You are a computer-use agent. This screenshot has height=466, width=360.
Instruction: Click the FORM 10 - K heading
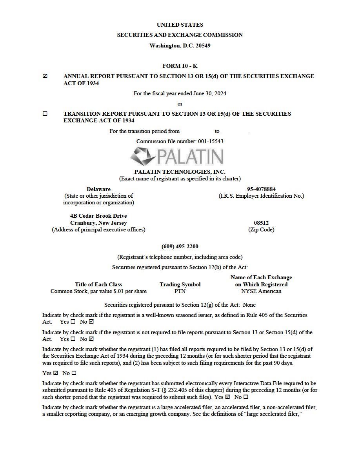point(180,66)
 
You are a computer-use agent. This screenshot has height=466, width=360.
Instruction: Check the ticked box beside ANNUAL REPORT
point(45,76)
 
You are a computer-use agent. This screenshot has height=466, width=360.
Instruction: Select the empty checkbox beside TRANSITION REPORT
point(45,114)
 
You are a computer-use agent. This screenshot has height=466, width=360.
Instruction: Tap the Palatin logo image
point(177,157)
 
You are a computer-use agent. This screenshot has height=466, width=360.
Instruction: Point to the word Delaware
point(98,189)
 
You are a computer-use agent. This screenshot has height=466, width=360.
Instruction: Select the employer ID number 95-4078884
point(261,189)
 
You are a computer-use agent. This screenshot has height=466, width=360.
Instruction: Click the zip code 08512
point(261,223)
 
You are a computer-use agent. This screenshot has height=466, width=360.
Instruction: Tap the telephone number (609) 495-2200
point(180,246)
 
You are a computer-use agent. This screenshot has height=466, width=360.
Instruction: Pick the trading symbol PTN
point(180,291)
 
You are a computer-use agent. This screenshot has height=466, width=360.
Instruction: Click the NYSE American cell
point(261,291)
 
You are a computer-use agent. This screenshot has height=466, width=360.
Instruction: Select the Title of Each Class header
point(98,284)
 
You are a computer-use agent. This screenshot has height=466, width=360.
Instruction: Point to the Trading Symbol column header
point(180,284)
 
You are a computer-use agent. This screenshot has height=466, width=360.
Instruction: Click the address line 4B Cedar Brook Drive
point(98,216)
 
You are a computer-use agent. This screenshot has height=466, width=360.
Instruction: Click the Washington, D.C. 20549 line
point(180,46)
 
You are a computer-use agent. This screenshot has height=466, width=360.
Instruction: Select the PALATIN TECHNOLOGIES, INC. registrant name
point(180,172)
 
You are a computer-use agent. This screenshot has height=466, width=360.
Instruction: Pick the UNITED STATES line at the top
point(180,25)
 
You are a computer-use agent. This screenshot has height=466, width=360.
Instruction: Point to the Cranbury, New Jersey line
point(98,223)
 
